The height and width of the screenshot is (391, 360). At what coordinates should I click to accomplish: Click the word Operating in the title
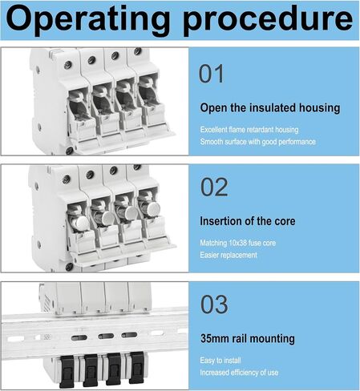(87, 20)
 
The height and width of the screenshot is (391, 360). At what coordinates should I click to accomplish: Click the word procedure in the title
(268, 20)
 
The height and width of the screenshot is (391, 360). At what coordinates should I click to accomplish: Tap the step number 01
(211, 74)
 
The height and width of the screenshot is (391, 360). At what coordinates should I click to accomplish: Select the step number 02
(214, 187)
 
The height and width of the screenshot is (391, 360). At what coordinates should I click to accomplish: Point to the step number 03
(214, 304)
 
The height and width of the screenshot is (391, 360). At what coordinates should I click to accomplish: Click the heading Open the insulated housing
(270, 108)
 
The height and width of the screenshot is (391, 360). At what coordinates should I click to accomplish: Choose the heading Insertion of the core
(248, 221)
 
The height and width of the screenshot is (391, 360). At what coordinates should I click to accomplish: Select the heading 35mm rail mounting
(248, 339)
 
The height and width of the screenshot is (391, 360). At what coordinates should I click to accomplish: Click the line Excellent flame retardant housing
(249, 130)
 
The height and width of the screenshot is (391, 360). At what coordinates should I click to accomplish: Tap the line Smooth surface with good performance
(257, 142)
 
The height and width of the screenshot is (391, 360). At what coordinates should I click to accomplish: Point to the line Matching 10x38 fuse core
(237, 243)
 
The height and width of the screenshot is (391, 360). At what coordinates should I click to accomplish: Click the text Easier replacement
(229, 255)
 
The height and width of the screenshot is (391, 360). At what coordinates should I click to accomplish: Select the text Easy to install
(220, 361)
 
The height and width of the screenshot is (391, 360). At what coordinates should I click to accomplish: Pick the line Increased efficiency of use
(239, 373)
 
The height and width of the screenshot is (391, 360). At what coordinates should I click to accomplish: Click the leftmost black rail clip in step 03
(67, 372)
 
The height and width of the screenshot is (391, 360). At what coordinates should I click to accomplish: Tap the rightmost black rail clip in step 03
(137, 367)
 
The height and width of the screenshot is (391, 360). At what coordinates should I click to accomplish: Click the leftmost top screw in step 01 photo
(68, 65)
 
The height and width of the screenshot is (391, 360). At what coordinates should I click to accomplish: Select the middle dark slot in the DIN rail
(106, 336)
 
